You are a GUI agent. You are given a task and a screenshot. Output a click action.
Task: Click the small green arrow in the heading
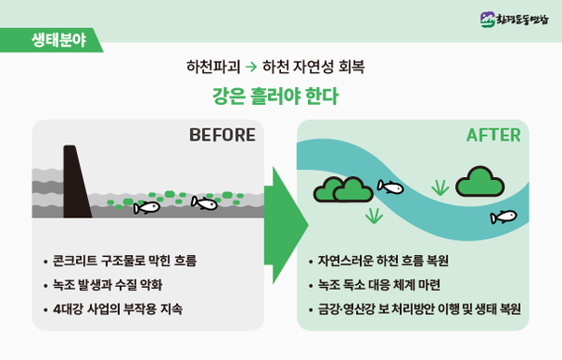(251, 67)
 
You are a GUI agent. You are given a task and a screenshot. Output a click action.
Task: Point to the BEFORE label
(222, 135)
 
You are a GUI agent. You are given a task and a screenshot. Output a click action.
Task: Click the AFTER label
(494, 135)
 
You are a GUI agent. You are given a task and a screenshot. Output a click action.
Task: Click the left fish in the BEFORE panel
(146, 206)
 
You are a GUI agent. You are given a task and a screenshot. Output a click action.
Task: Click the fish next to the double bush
(390, 187)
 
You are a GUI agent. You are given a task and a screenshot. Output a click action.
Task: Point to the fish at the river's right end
(503, 217)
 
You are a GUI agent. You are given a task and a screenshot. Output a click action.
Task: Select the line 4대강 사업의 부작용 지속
(117, 308)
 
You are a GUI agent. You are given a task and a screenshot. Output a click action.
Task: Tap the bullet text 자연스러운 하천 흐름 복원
(385, 260)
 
